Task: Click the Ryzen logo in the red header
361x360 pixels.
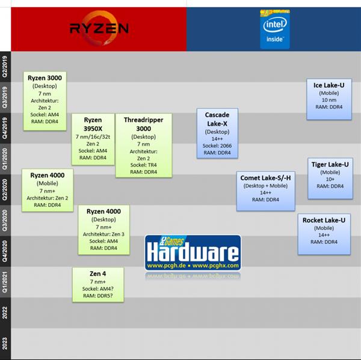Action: pos(99,28)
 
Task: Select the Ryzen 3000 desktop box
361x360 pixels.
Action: pos(46,100)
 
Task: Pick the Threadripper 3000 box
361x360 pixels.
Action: pos(143,145)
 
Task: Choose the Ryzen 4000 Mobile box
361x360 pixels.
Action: pos(47,189)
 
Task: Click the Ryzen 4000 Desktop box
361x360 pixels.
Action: pos(103,230)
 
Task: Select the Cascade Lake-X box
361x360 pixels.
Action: pos(217,133)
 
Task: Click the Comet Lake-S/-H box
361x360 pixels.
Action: pos(266,191)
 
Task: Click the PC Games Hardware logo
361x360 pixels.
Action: pos(193,252)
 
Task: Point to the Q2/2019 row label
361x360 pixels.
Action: pos(5,66)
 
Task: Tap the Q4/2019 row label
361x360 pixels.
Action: pos(5,127)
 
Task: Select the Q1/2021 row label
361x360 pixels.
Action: pos(5,281)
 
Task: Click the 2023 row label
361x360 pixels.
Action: pos(5,343)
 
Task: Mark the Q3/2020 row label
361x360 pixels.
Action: pos(5,220)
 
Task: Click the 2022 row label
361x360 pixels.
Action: pos(5,313)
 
